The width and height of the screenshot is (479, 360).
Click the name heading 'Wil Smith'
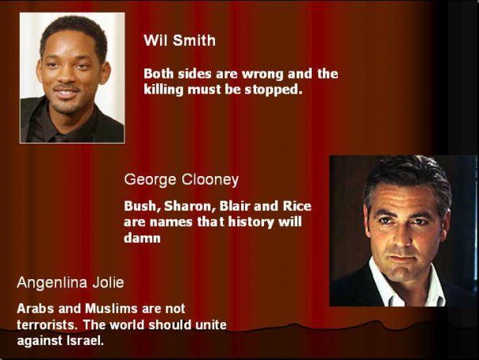point(179,40)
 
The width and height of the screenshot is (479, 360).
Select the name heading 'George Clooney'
point(181,179)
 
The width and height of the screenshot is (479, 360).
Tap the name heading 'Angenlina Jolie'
point(71,282)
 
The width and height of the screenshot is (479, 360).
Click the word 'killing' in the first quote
point(163,90)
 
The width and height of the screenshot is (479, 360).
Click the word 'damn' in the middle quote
point(142,238)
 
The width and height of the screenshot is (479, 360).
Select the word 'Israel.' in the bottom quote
point(85,340)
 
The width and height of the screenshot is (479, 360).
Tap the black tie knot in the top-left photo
point(59,138)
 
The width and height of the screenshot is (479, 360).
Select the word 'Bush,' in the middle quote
point(143,206)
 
